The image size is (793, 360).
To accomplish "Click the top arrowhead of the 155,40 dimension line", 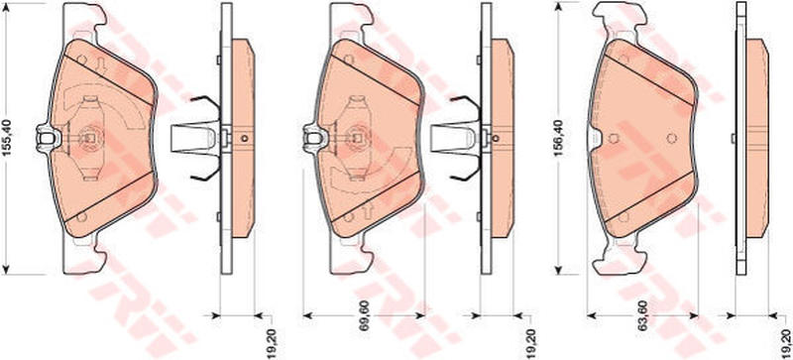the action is [6, 9].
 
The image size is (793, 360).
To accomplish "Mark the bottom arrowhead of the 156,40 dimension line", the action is [559, 269].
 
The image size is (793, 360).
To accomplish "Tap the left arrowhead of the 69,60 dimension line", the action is [307, 315].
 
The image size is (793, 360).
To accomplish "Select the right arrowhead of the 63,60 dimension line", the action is [693, 315].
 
